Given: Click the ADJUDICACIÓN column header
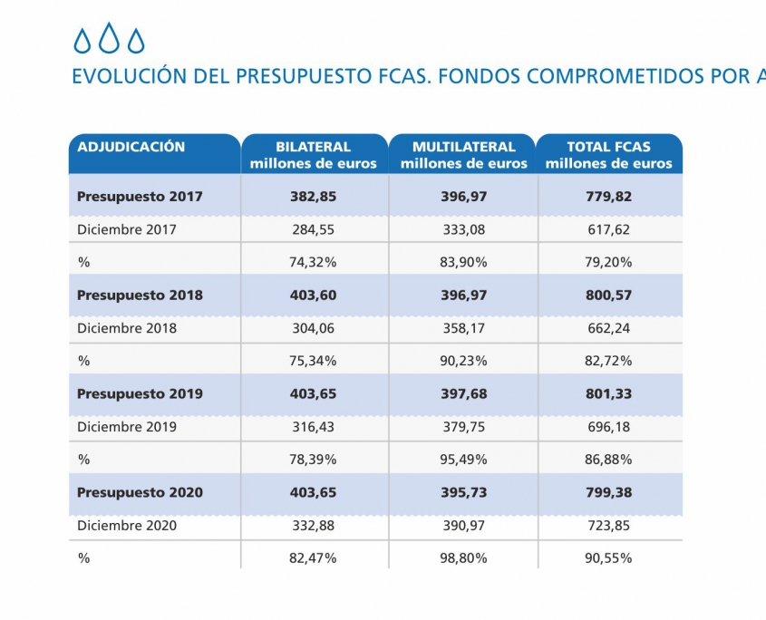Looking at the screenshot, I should point(131,147).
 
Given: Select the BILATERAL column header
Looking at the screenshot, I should point(313,155).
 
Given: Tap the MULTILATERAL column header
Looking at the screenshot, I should point(463,155).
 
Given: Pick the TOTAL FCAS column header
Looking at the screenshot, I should point(609,155).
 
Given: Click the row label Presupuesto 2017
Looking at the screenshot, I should point(140,196).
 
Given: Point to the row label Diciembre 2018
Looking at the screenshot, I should point(127,328).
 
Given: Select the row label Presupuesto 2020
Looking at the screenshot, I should point(140,492).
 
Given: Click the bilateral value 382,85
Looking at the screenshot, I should point(313,196).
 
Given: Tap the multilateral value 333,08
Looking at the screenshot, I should point(463,229).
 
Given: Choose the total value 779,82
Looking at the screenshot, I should point(609,196).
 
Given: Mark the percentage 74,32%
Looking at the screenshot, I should point(313,262).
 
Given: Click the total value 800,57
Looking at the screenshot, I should point(609,295).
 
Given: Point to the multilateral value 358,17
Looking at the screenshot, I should point(463,328).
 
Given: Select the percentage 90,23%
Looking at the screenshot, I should point(463,361).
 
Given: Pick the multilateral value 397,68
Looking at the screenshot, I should point(463,393).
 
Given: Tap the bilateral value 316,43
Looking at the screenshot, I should point(313,427).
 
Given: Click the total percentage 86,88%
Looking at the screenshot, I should point(609,460).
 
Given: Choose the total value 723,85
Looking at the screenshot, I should point(609,526).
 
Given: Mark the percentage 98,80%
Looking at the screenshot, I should point(463,558).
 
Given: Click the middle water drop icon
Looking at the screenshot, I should point(110,38).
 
